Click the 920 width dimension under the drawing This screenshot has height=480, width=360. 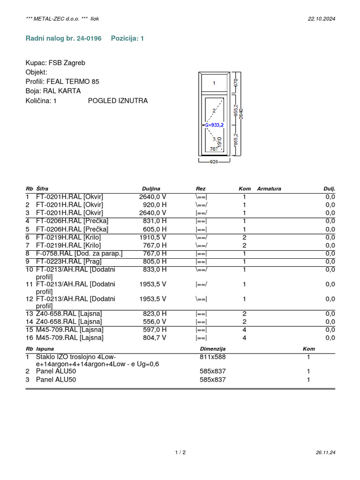click(x=214, y=162)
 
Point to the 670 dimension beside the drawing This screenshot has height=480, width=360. click(x=236, y=82)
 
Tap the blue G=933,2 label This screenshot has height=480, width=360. click(x=215, y=125)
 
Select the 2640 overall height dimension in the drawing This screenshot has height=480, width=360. click(x=241, y=113)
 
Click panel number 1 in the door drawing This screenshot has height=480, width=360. click(x=214, y=83)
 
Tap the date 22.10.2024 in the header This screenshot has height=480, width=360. click(x=322, y=19)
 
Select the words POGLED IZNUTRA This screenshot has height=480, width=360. click(x=118, y=101)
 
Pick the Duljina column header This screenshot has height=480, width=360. click(x=151, y=188)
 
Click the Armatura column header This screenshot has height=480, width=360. click(x=269, y=188)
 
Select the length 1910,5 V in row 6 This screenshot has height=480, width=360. click(x=153, y=237)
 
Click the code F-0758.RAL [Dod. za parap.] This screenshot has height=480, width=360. click(x=79, y=254)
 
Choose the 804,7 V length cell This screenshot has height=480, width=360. click(x=153, y=337)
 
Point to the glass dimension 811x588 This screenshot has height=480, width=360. click(x=213, y=357)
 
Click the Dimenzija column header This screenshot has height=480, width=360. click(x=213, y=349)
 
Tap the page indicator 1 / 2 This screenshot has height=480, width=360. click(x=180, y=452)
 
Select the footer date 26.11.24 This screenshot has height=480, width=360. click(x=326, y=452)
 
